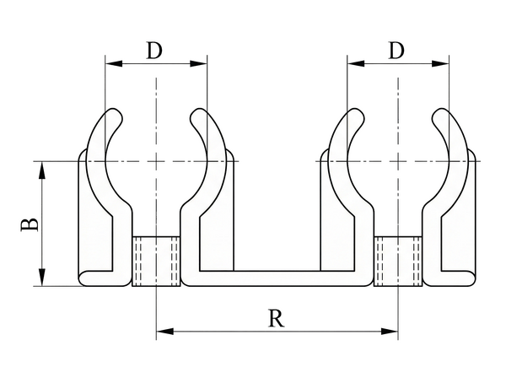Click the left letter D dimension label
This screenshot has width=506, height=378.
(154, 51)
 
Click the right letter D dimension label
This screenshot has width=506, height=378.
(396, 51)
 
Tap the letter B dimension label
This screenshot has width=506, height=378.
(29, 224)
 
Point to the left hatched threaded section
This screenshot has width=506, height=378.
(156, 261)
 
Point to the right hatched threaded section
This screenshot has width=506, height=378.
(398, 261)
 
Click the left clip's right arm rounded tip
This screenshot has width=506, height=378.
(196, 113)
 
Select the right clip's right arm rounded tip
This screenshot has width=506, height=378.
(438, 113)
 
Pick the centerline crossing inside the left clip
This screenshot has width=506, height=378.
(156, 160)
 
